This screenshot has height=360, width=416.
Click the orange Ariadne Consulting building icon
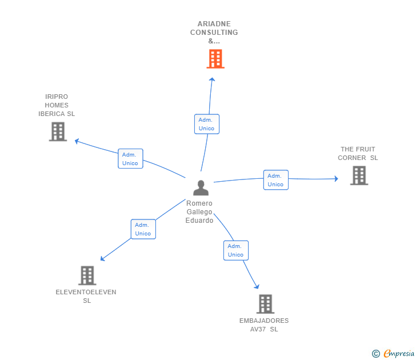[215, 59]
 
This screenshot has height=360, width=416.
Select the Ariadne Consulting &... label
[214, 33]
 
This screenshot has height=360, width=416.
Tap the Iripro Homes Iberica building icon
[58, 131]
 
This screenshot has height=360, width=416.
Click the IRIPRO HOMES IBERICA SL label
[57, 105]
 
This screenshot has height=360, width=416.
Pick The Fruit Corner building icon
[359, 175]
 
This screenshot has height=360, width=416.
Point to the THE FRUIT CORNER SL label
[358, 154]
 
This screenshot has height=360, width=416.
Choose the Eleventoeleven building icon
[86, 275]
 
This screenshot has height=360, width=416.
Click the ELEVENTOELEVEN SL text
[86, 296]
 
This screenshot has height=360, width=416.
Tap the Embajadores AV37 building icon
[265, 304]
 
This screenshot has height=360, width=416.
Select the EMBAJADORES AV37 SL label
[264, 325]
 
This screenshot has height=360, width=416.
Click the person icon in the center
[201, 188]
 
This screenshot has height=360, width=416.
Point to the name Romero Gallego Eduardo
[199, 212]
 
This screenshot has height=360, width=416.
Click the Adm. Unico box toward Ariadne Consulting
[206, 124]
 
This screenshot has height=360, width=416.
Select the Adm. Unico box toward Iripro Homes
[130, 159]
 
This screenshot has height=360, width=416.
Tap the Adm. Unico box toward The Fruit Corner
[275, 180]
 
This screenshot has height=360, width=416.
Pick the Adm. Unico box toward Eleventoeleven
[143, 229]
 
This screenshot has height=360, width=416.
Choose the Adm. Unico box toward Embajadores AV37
[235, 250]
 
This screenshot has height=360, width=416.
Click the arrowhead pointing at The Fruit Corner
[335, 179]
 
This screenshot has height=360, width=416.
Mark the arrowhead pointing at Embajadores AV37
[257, 286]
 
